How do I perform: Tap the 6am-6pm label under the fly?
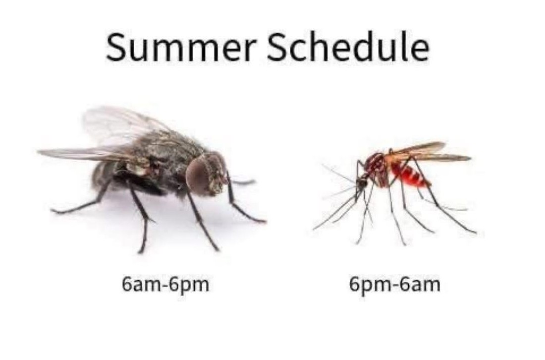(x=165, y=285)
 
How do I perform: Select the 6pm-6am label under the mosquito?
(x=394, y=285)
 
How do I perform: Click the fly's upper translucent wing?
(x=122, y=126)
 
